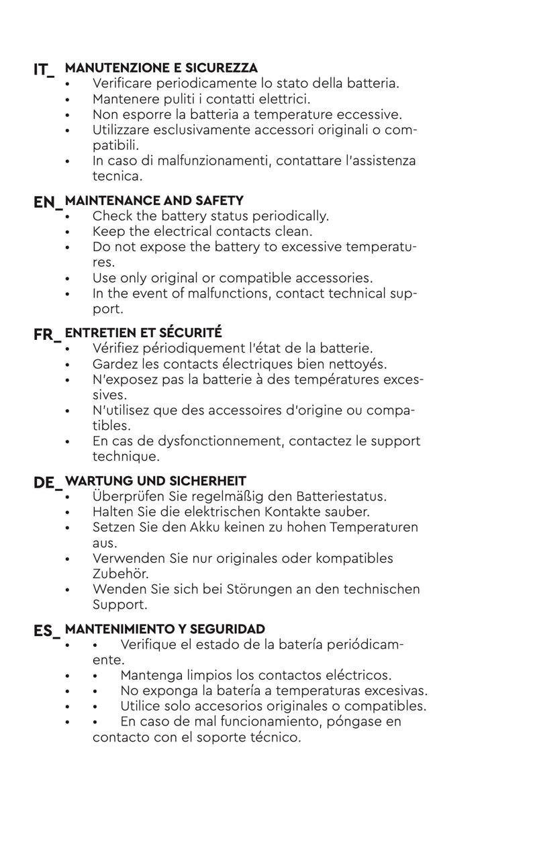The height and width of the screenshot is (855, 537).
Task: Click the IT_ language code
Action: point(44,70)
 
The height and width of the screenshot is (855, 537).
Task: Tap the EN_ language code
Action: point(47,202)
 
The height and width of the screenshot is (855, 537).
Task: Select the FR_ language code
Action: point(47,334)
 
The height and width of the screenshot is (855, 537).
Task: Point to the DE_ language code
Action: point(47,483)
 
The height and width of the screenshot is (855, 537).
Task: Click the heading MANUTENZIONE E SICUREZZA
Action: point(161,68)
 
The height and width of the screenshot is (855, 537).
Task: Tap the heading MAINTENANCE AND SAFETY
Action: point(154,200)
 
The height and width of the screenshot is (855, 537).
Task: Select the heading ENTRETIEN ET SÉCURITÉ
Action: point(144,332)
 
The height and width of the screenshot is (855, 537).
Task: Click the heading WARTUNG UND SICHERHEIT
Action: point(156,481)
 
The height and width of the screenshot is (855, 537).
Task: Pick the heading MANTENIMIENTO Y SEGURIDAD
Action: point(165,629)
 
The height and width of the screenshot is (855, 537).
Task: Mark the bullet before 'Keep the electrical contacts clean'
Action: point(68,232)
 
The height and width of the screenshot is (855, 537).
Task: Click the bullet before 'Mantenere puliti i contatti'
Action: point(68,99)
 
